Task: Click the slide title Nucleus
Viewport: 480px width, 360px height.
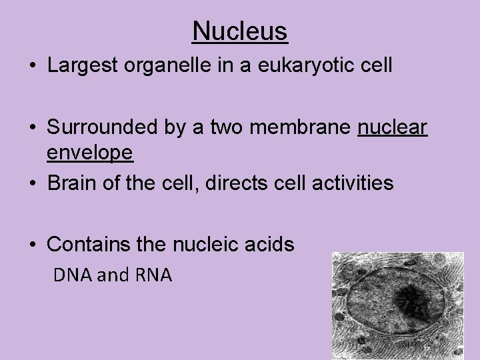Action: pyautogui.click(x=240, y=31)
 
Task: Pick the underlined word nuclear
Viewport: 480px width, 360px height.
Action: pyautogui.click(x=392, y=128)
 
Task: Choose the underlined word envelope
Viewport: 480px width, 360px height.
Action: pyautogui.click(x=90, y=153)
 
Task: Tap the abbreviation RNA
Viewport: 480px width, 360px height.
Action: pyautogui.click(x=155, y=275)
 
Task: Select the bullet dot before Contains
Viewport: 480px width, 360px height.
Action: pyautogui.click(x=33, y=245)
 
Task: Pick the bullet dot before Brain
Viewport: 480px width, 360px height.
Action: pyautogui.click(x=33, y=183)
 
